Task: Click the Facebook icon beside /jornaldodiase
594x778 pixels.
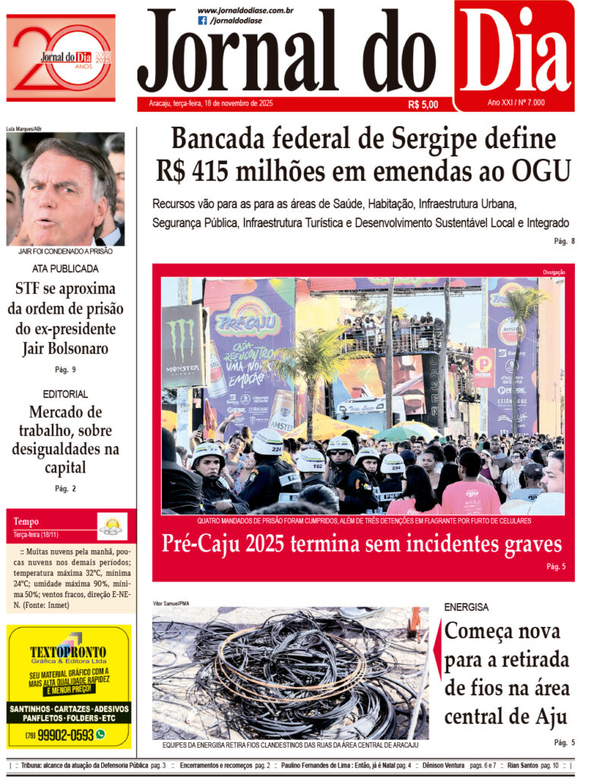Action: coord(202,21)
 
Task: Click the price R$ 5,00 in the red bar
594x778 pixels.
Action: coord(423,105)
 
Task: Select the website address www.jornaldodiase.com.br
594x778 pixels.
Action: coord(245,10)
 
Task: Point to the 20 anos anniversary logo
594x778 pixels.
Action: coord(61,58)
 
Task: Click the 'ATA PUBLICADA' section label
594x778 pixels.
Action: coord(65,269)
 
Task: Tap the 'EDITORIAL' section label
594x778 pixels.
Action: coord(65,394)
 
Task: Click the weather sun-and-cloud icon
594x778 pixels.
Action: coord(112,525)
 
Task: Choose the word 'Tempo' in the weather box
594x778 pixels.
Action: coord(26,522)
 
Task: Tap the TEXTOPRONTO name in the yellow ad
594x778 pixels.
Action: coord(68,653)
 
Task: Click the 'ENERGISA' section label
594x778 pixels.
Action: coord(466,608)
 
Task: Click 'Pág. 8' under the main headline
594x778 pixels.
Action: coord(564,242)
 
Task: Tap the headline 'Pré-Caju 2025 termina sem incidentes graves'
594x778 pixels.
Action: coord(362,544)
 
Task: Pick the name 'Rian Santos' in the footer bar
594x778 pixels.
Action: coord(523,765)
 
